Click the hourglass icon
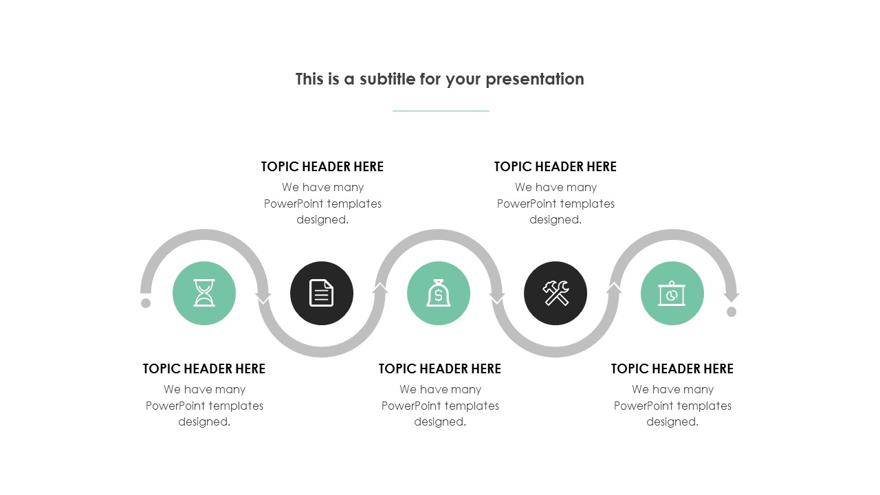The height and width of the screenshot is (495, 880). pyautogui.click(x=204, y=293)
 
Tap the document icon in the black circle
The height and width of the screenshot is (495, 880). pyautogui.click(x=321, y=293)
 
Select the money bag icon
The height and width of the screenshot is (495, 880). pyautogui.click(x=439, y=293)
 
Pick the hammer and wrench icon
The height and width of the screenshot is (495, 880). pyautogui.click(x=555, y=293)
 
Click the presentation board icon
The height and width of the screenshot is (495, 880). pyautogui.click(x=672, y=293)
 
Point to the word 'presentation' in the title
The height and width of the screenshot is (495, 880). pyautogui.click(x=535, y=80)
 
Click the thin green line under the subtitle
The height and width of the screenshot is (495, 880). pyautogui.click(x=441, y=111)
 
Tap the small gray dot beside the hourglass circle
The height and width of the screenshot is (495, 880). pyautogui.click(x=146, y=303)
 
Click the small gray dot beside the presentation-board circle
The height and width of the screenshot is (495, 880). pyautogui.click(x=731, y=311)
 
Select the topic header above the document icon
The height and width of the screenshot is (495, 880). pyautogui.click(x=322, y=166)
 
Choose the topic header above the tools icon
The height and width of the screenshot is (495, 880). pyautogui.click(x=555, y=166)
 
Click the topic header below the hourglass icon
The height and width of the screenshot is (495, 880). pyautogui.click(x=204, y=369)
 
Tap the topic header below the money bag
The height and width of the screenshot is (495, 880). pyautogui.click(x=440, y=369)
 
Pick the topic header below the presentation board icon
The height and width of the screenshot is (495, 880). pyautogui.click(x=672, y=369)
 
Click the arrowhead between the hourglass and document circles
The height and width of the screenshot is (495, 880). pyautogui.click(x=263, y=298)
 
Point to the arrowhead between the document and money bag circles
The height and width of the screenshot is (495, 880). pyautogui.click(x=380, y=288)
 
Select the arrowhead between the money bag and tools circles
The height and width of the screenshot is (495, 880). pyautogui.click(x=497, y=298)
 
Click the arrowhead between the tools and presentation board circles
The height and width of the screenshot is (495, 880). pyautogui.click(x=614, y=288)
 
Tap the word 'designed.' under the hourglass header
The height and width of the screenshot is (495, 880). pyautogui.click(x=204, y=422)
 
